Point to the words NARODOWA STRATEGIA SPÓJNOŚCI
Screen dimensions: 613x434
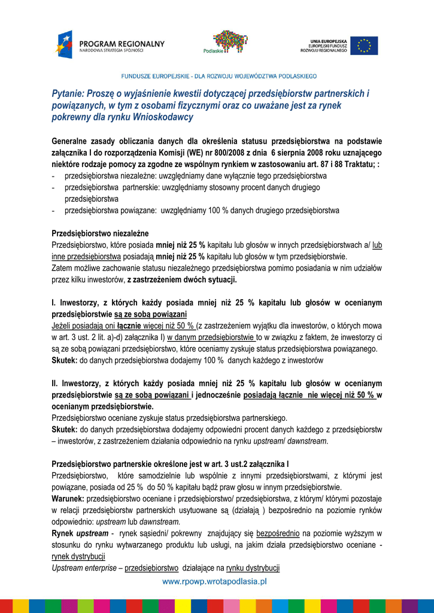pyautogui.click(x=111, y=51)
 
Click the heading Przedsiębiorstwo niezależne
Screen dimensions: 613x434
pyautogui.click(x=100, y=233)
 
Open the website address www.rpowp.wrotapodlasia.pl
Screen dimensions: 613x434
pyautogui.click(x=214, y=581)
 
